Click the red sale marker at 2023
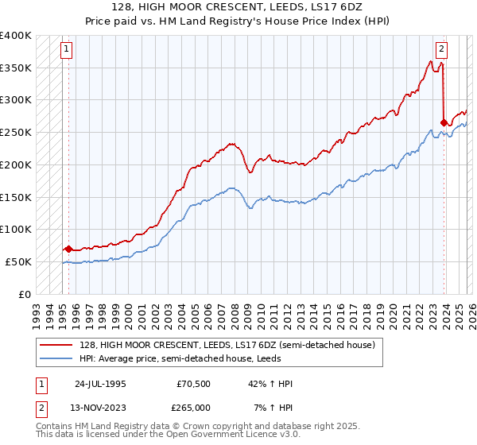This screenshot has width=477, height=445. [444, 122]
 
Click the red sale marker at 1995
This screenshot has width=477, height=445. [68, 249]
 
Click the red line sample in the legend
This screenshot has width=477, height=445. [58, 345]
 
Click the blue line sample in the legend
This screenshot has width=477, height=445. [58, 358]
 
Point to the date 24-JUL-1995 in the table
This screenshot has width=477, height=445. [100, 384]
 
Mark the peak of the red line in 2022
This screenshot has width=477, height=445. [429, 61]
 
